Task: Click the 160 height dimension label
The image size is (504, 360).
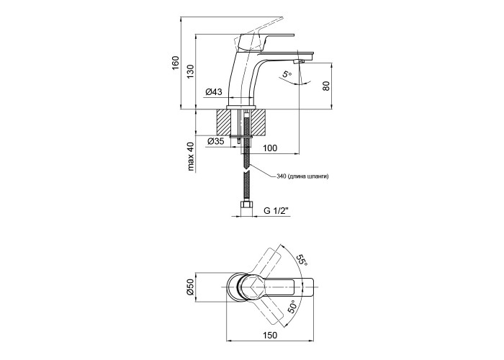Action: coord(175,63)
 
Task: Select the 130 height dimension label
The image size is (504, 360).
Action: coord(191,72)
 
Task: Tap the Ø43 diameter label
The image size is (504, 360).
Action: coord(214,92)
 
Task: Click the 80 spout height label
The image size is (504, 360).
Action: coord(326,86)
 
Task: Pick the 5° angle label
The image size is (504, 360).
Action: coord(287,75)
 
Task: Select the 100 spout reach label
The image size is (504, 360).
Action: coord(270,148)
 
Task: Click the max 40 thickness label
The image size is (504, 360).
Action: coord(192,156)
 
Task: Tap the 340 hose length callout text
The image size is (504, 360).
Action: coord(302,176)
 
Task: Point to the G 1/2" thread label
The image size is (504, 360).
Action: coord(276,210)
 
